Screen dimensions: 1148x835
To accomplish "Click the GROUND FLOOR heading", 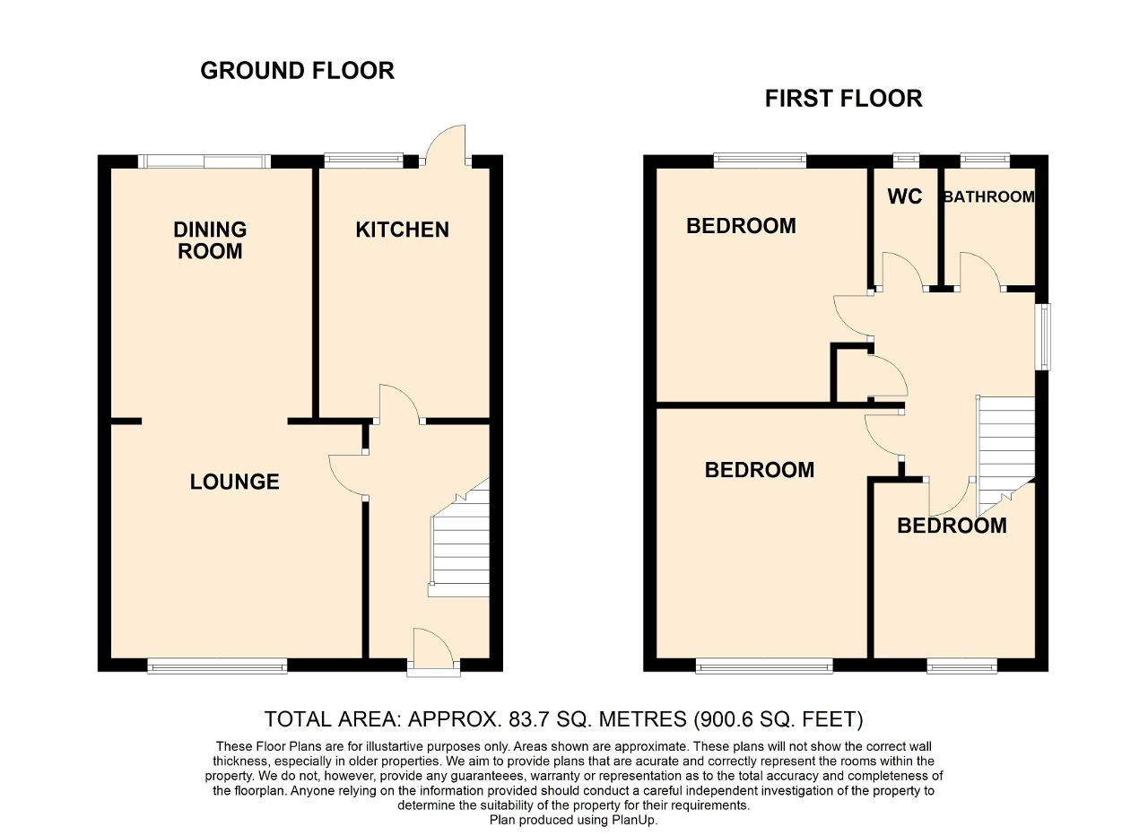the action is click(297, 71).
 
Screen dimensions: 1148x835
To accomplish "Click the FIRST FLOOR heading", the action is click(844, 99).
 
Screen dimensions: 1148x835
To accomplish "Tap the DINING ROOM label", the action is click(210, 240).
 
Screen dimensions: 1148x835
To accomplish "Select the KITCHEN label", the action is click(403, 230).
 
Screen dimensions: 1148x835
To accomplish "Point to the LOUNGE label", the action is click(235, 482).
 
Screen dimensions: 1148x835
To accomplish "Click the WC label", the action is click(905, 196).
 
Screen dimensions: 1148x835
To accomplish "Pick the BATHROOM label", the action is click(989, 196).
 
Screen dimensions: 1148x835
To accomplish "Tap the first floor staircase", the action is click(1005, 456).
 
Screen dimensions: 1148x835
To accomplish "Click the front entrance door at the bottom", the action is click(433, 651).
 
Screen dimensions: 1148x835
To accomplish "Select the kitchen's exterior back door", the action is click(446, 146).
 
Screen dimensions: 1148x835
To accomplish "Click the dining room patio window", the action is click(204, 161).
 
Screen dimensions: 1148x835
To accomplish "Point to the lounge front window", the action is click(217, 665).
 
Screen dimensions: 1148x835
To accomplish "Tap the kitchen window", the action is click(364, 161).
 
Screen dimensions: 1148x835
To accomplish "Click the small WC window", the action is click(906, 161).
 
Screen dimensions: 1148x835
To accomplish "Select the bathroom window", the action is click(985, 161).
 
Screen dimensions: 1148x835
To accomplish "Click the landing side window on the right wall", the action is click(1043, 336).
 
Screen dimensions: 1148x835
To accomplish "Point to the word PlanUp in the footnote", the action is click(634, 820).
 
